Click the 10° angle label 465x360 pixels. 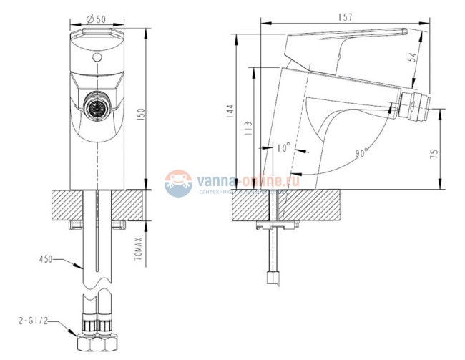click(x=283, y=150)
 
